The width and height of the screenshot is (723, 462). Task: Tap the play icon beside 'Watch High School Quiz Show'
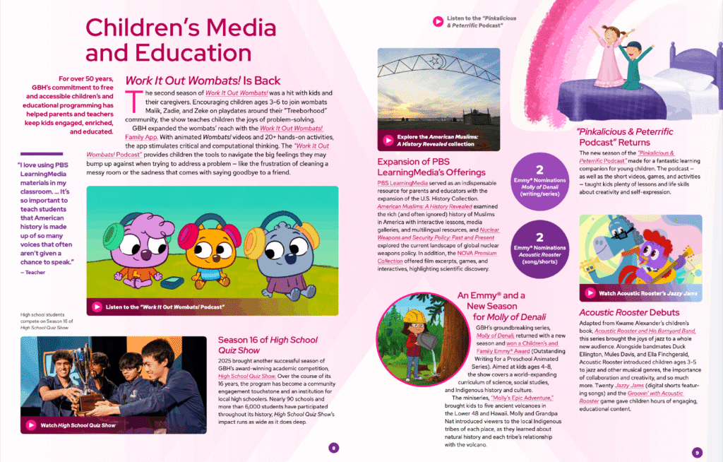[31, 425]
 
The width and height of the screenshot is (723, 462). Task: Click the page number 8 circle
[334, 446]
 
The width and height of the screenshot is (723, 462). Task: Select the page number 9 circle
[696, 452]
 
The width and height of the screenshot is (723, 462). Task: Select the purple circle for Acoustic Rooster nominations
[539, 245]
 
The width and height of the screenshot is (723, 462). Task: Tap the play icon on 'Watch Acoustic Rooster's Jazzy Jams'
[591, 293]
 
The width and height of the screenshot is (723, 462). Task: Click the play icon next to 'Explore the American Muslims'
[388, 141]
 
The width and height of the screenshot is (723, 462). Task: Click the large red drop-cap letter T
[130, 100]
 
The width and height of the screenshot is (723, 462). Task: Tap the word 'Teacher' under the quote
[34, 272]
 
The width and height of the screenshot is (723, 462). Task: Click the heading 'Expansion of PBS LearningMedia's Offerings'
[431, 167]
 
